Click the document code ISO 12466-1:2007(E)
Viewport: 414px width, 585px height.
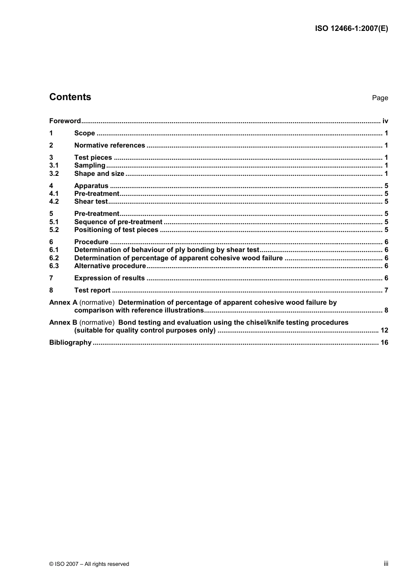[351, 29]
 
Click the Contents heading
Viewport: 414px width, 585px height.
[70, 97]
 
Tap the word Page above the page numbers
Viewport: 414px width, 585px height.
[380, 98]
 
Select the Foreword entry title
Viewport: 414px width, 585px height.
[65, 121]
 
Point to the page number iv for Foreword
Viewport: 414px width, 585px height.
[385, 121]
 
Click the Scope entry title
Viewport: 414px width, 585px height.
[85, 133]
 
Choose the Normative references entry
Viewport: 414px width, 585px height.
[109, 145]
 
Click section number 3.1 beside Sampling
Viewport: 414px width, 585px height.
[54, 165]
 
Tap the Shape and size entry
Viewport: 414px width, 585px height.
[99, 174]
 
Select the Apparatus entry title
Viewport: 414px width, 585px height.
[91, 186]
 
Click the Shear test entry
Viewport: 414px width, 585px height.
[91, 202]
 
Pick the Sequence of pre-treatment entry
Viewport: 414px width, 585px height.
[118, 222]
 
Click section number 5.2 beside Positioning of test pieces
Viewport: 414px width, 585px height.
[54, 230]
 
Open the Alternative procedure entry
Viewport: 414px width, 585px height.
[110, 266]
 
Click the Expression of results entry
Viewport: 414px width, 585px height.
[109, 278]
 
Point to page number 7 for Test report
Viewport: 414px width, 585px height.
[386, 290]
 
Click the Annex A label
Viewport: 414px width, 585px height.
[63, 303]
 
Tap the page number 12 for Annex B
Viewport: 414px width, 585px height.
[384, 330]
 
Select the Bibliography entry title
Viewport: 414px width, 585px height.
[70, 343]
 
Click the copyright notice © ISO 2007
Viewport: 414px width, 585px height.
[89, 564]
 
